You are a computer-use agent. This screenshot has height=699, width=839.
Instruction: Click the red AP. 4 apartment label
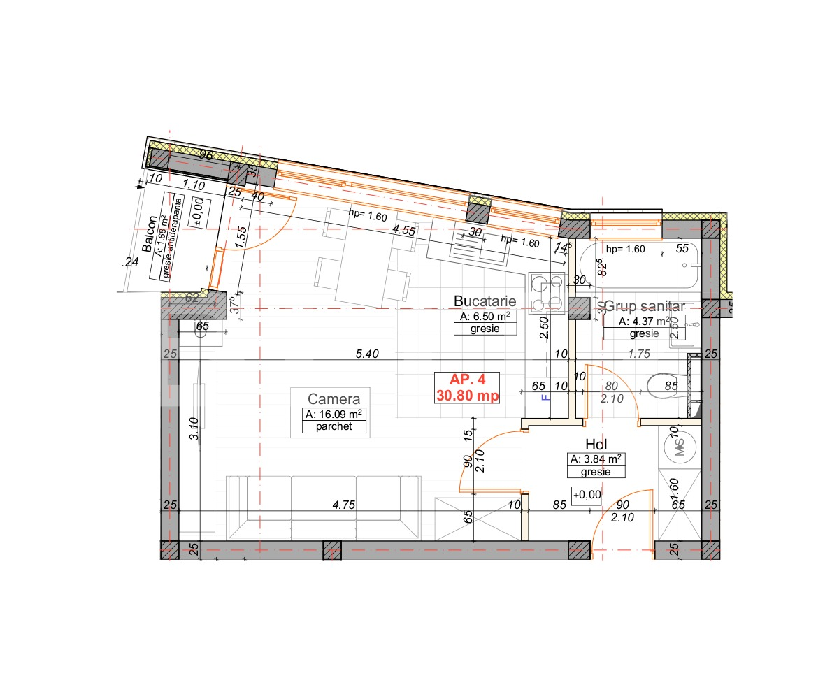tap(466, 380)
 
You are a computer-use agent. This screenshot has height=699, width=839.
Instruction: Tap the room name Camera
tap(334, 399)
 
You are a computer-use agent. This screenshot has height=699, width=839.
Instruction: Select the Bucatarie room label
tap(485, 301)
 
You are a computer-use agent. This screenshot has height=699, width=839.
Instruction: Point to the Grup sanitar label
tap(650, 306)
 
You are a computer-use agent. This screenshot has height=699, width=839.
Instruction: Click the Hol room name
tap(596, 445)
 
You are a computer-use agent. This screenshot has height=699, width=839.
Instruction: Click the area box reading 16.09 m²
tap(335, 415)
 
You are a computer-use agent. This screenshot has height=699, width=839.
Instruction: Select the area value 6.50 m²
tap(485, 316)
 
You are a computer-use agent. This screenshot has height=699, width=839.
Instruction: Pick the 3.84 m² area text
tap(596, 459)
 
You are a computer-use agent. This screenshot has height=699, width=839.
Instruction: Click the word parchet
tap(334, 426)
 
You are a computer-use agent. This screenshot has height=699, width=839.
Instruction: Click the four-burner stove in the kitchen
tap(546, 294)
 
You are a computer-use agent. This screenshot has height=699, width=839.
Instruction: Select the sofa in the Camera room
tap(324, 505)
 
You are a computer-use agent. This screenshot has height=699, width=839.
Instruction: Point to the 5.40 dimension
tap(366, 354)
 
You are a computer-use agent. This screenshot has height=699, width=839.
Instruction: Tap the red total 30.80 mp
tap(466, 395)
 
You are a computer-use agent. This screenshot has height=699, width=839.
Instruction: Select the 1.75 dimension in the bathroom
tap(640, 354)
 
